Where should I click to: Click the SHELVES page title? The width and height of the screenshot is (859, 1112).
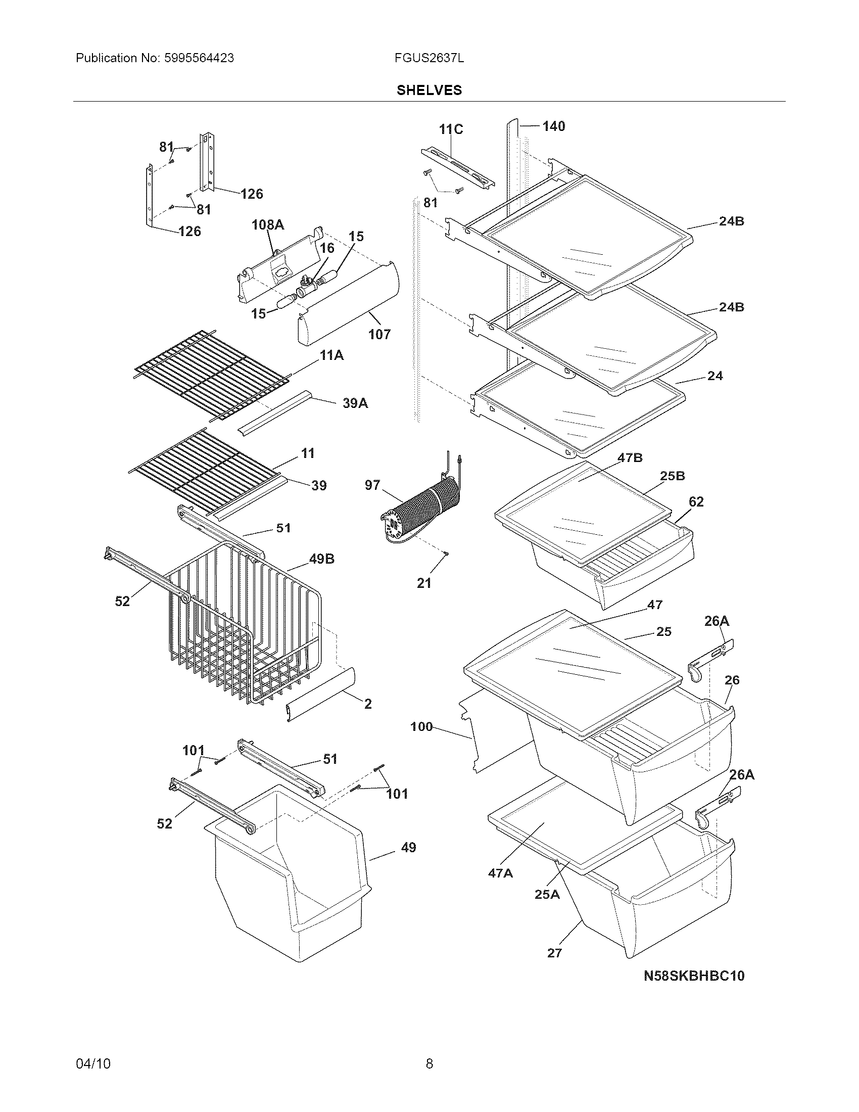coord(429,90)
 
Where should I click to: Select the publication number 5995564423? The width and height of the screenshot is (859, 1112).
coord(199,58)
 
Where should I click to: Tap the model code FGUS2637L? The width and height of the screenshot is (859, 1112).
coord(428,58)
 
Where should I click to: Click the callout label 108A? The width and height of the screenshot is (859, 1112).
coord(268,224)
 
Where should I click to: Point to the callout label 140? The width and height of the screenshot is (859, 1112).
coord(554,126)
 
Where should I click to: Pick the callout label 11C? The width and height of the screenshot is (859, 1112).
coord(451,129)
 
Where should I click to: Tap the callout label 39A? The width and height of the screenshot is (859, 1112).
coord(355,403)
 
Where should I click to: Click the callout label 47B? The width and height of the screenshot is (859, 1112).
coord(630,458)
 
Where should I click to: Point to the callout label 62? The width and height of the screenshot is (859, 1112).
coord(696,501)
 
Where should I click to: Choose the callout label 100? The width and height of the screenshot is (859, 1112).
coord(421,726)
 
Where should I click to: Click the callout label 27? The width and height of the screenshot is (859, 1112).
coord(554,953)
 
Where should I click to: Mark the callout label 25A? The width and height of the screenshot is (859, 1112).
coord(547,894)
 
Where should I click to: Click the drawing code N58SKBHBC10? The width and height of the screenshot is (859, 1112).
coord(694,976)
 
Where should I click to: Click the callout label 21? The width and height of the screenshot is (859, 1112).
coord(424,583)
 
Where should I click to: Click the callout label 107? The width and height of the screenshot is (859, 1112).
coord(379,334)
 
